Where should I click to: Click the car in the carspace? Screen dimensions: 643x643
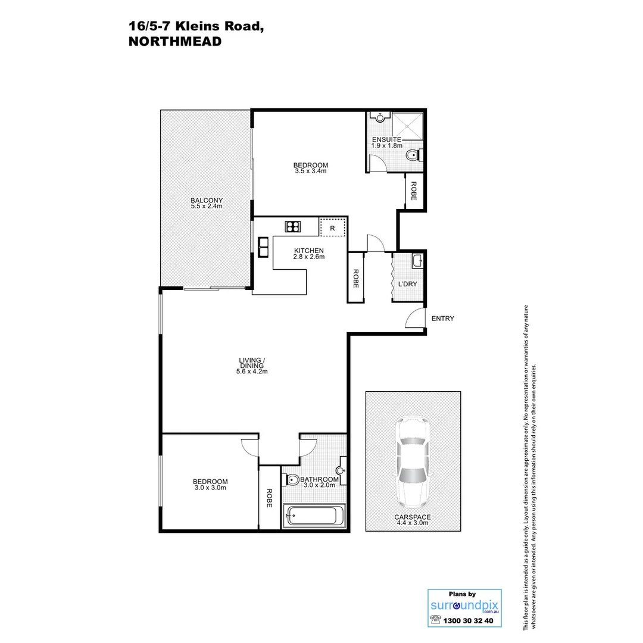click(413, 459)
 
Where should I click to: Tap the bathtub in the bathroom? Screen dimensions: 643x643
click(314, 515)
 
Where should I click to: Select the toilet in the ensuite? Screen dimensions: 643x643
click(412, 156)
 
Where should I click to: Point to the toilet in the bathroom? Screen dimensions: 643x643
click(292, 480)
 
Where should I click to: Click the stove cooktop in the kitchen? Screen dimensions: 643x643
click(293, 226)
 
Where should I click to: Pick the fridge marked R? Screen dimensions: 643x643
click(332, 228)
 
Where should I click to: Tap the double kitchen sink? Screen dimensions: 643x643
click(263, 246)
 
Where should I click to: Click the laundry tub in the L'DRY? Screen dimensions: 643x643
click(417, 260)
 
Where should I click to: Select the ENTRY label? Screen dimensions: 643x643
click(442, 319)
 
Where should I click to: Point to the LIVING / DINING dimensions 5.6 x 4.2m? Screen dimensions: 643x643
click(252, 372)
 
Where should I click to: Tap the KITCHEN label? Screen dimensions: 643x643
click(308, 251)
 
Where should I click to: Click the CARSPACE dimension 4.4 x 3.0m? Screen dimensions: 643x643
click(412, 523)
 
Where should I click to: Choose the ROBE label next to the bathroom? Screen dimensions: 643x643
click(270, 498)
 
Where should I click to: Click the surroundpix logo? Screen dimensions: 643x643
click(464, 605)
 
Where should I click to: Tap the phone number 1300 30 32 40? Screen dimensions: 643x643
click(470, 620)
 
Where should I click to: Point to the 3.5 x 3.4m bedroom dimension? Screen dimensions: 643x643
click(311, 171)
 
